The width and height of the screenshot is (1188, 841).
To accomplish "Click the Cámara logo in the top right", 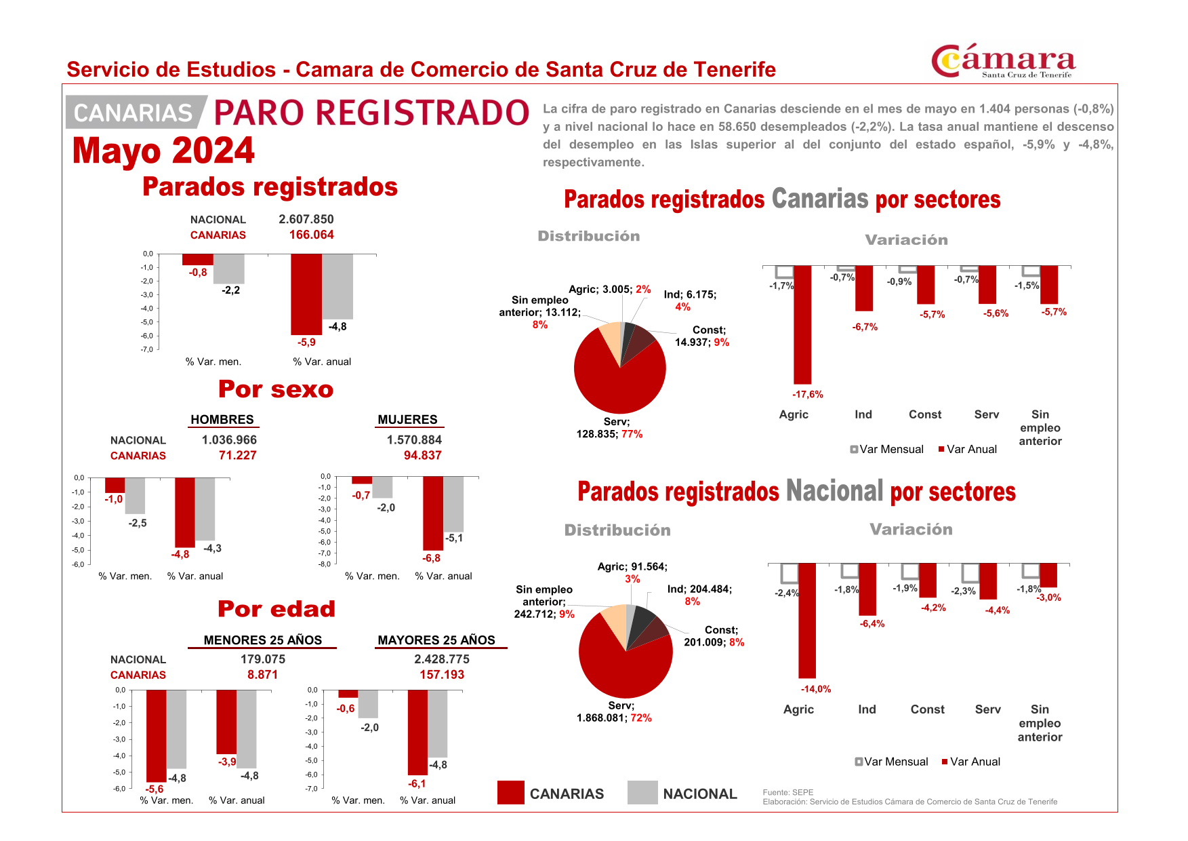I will (x=1003, y=62).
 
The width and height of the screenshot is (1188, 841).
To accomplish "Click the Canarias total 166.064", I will (x=311, y=235).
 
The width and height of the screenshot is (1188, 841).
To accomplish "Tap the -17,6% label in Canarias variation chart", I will (x=807, y=394).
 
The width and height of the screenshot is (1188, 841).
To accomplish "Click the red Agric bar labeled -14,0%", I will (x=806, y=620).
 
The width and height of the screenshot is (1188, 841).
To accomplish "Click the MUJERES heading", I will (x=407, y=419).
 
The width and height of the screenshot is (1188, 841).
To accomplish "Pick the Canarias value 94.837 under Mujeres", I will (x=422, y=455).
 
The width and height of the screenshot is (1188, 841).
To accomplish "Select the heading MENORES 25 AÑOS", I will (x=262, y=640).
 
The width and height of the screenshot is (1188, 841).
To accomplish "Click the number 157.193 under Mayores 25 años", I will (x=441, y=674).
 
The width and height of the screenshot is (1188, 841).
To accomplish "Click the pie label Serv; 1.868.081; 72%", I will (x=614, y=711).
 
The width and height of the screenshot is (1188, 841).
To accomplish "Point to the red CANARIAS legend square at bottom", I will (x=510, y=792).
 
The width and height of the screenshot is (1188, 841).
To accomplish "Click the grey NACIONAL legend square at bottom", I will (x=642, y=792).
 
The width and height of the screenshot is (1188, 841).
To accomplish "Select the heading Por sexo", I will (x=275, y=389).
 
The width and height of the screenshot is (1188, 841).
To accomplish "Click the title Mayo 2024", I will (x=163, y=151).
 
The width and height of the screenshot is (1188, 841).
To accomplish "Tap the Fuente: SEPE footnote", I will (x=787, y=792).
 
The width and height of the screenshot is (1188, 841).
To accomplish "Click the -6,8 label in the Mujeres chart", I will (x=431, y=558).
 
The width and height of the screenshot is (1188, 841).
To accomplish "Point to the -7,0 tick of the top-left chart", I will (x=146, y=349).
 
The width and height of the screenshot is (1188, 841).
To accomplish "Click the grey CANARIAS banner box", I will (x=134, y=112).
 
